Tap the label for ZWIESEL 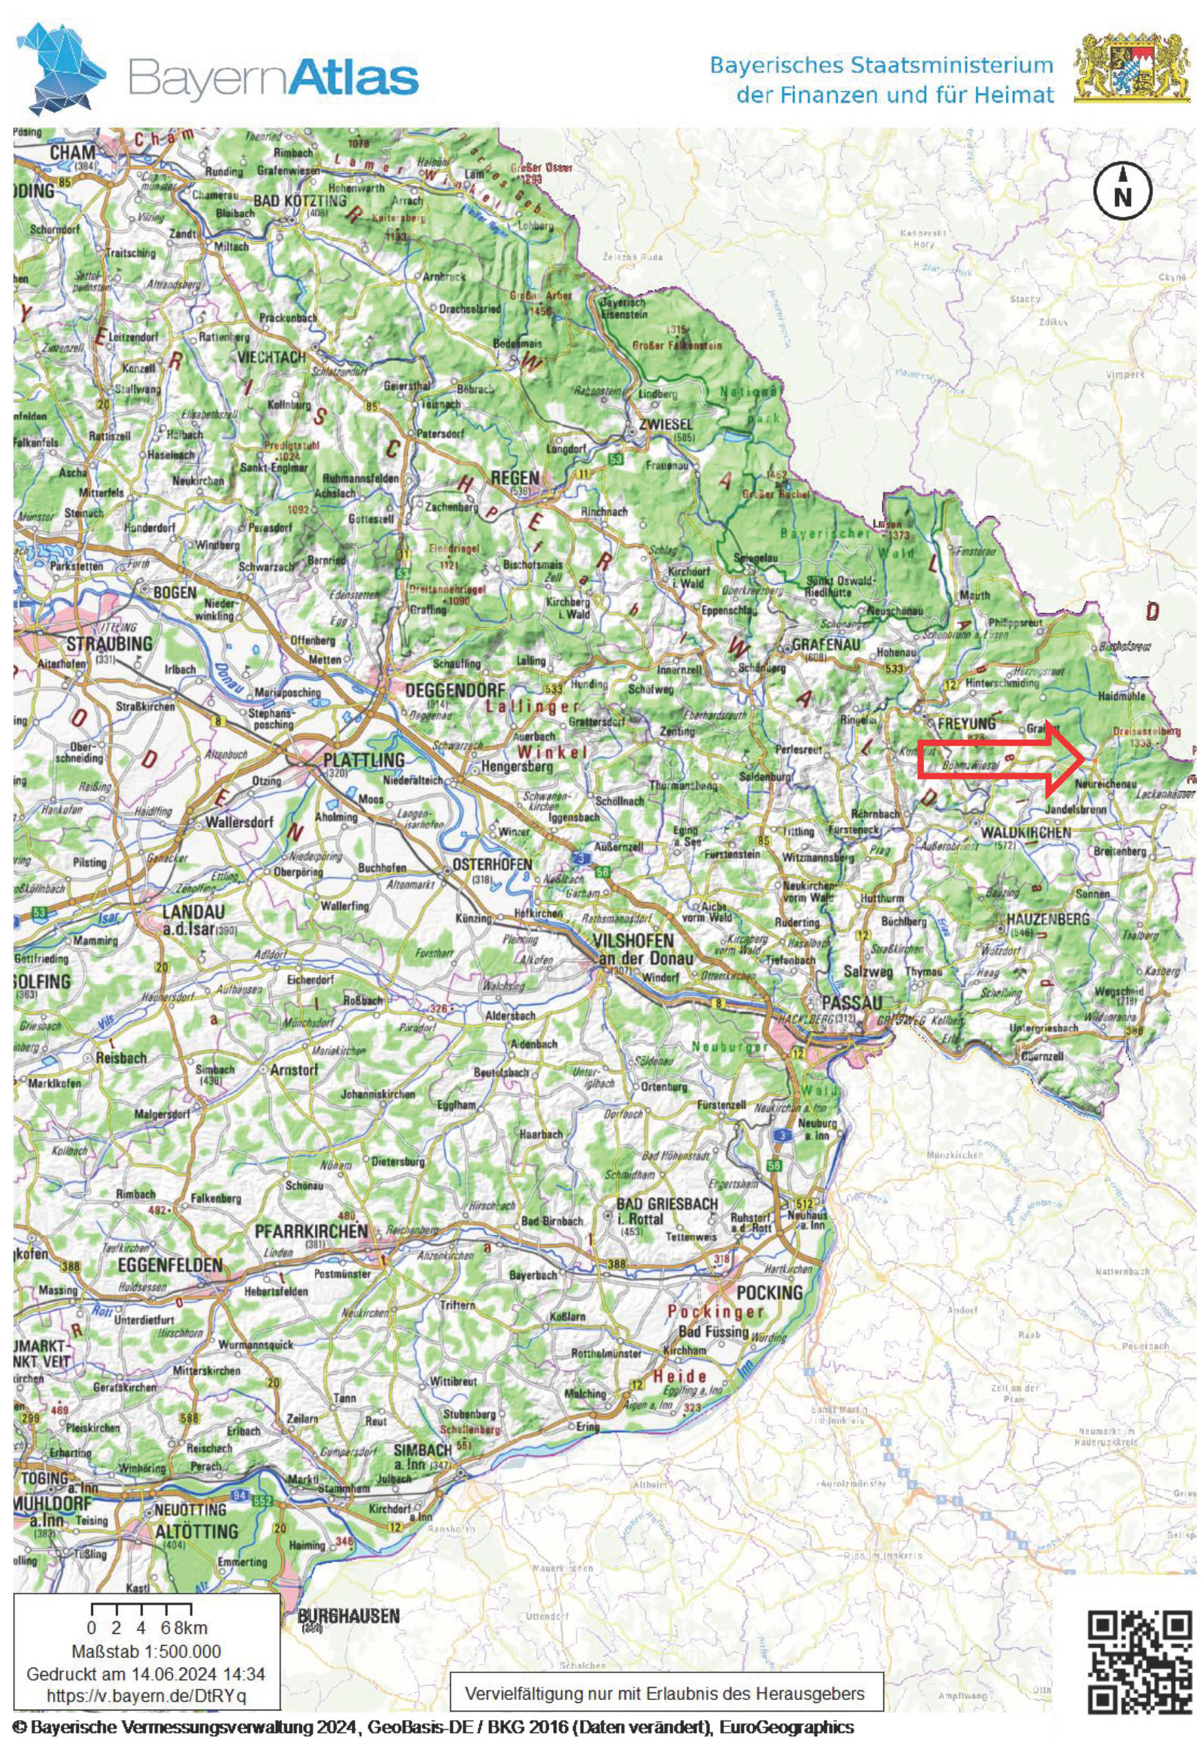[x=665, y=424]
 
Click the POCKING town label [x=769, y=1292]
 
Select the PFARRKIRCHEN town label [x=310, y=1232]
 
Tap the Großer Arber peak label [x=540, y=296]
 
